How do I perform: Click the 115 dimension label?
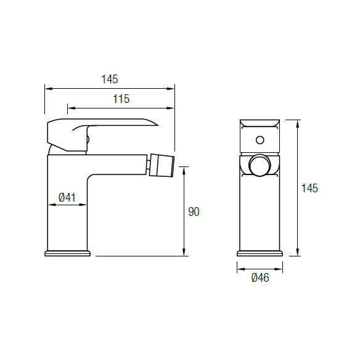[x=121, y=99]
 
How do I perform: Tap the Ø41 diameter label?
[x=67, y=197]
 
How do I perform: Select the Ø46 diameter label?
[x=260, y=278]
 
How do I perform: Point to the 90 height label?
[x=194, y=211]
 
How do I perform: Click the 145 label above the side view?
[x=110, y=79]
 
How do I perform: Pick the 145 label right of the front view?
[x=309, y=188]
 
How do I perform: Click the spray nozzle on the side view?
[x=162, y=165]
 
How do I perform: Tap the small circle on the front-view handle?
[x=260, y=140]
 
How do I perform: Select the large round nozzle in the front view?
[x=260, y=165]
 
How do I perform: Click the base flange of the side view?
[x=68, y=253]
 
